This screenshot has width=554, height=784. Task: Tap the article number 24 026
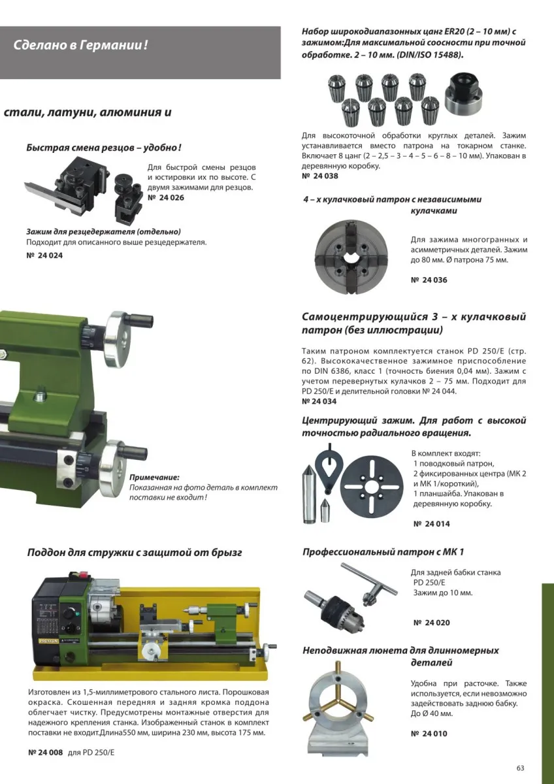tap(166, 197)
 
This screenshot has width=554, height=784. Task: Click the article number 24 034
tap(320, 401)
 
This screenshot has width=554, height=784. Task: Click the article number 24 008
tap(46, 752)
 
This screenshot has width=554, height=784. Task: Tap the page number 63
tap(520, 768)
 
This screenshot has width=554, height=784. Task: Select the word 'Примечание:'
tap(154, 478)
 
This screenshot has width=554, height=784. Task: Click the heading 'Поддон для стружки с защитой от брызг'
tap(135, 553)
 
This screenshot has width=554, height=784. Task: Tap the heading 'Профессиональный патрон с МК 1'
tap(383, 552)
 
